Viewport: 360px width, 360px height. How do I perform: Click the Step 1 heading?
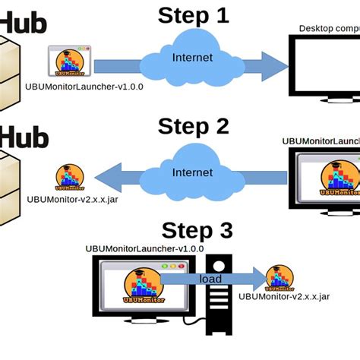[193, 15]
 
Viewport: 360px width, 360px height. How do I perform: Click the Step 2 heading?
[193, 125]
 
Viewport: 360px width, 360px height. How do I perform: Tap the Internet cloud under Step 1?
[193, 58]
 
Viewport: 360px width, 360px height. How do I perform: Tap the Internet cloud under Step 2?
[193, 173]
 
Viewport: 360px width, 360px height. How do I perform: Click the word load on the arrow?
[210, 279]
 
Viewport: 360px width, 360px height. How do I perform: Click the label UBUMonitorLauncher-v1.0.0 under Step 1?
[84, 87]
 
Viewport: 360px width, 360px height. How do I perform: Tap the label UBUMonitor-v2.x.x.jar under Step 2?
[72, 201]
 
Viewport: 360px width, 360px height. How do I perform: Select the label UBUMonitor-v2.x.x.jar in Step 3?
[283, 297]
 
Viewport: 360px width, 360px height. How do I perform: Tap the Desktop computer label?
[328, 29]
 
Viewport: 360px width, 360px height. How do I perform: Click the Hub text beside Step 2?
[24, 138]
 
